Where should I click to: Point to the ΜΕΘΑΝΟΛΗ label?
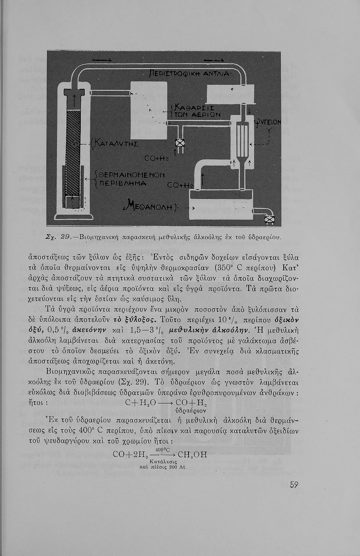click(x=152, y=205)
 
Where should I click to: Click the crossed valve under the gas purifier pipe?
click(x=180, y=143)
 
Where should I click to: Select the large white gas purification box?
click(x=149, y=110)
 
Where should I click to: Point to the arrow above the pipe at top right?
click(x=214, y=60)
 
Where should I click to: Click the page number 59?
click(x=294, y=485)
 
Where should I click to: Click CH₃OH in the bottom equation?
click(x=192, y=454)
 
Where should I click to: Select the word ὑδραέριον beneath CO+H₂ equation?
click(x=191, y=411)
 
